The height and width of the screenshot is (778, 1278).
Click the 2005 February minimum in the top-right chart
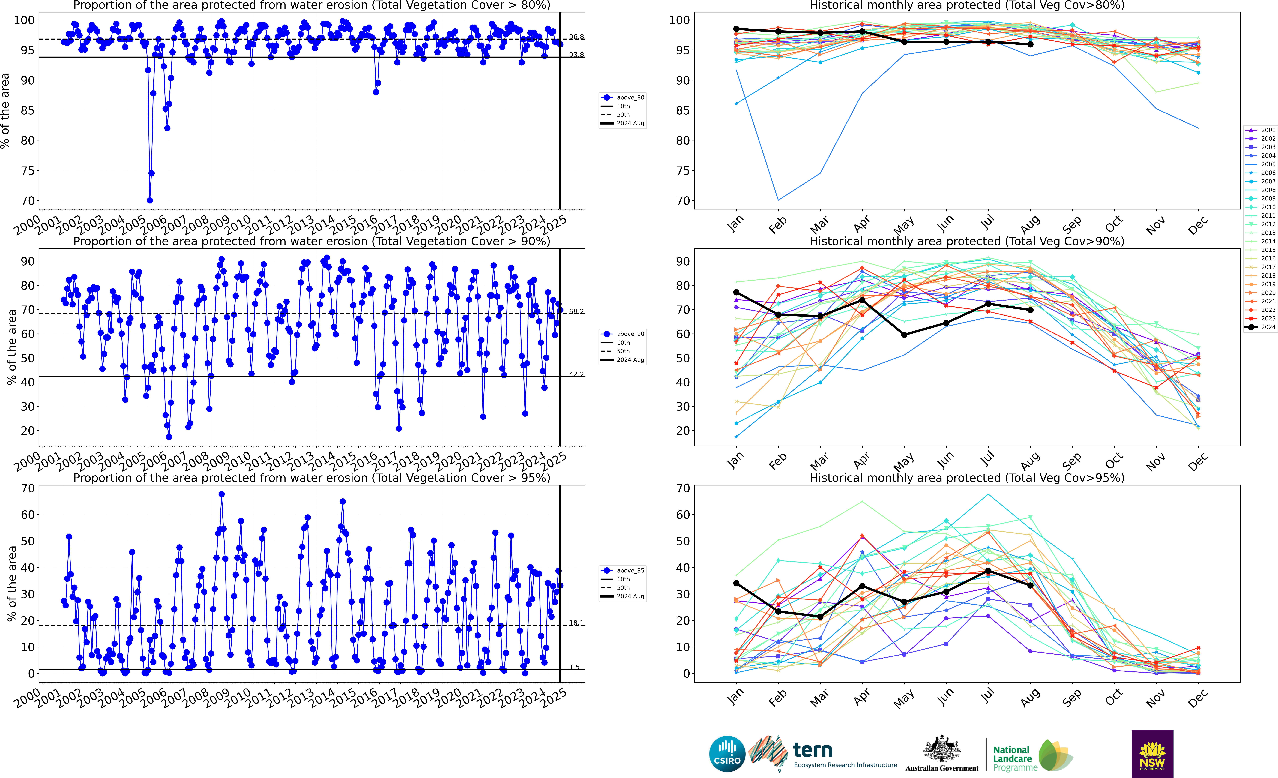tap(778, 200)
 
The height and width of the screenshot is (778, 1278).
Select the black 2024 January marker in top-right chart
tap(736, 29)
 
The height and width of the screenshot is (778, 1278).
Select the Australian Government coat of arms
tap(941, 749)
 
